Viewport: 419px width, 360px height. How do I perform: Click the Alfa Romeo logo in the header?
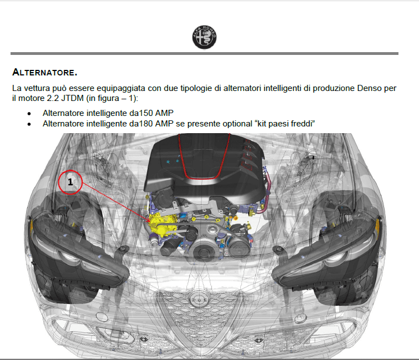point(204,37)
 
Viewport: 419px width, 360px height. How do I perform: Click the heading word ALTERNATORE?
point(44,72)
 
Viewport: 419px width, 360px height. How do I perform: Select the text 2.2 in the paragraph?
point(53,98)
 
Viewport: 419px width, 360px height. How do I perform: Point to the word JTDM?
point(72,98)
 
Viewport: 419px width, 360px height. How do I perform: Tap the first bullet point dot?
point(29,114)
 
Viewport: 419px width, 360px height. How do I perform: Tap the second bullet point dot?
point(29,124)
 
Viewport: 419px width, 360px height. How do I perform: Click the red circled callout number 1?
point(70,182)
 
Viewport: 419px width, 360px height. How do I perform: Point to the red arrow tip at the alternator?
point(151,222)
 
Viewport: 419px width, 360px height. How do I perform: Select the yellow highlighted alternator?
point(162,224)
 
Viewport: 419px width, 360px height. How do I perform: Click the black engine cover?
point(204,166)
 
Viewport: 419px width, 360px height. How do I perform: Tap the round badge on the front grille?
point(199,300)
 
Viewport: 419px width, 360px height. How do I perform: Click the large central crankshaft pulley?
point(204,250)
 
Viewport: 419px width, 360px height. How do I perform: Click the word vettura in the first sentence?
point(37,88)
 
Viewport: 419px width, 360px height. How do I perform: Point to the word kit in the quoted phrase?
point(261,124)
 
